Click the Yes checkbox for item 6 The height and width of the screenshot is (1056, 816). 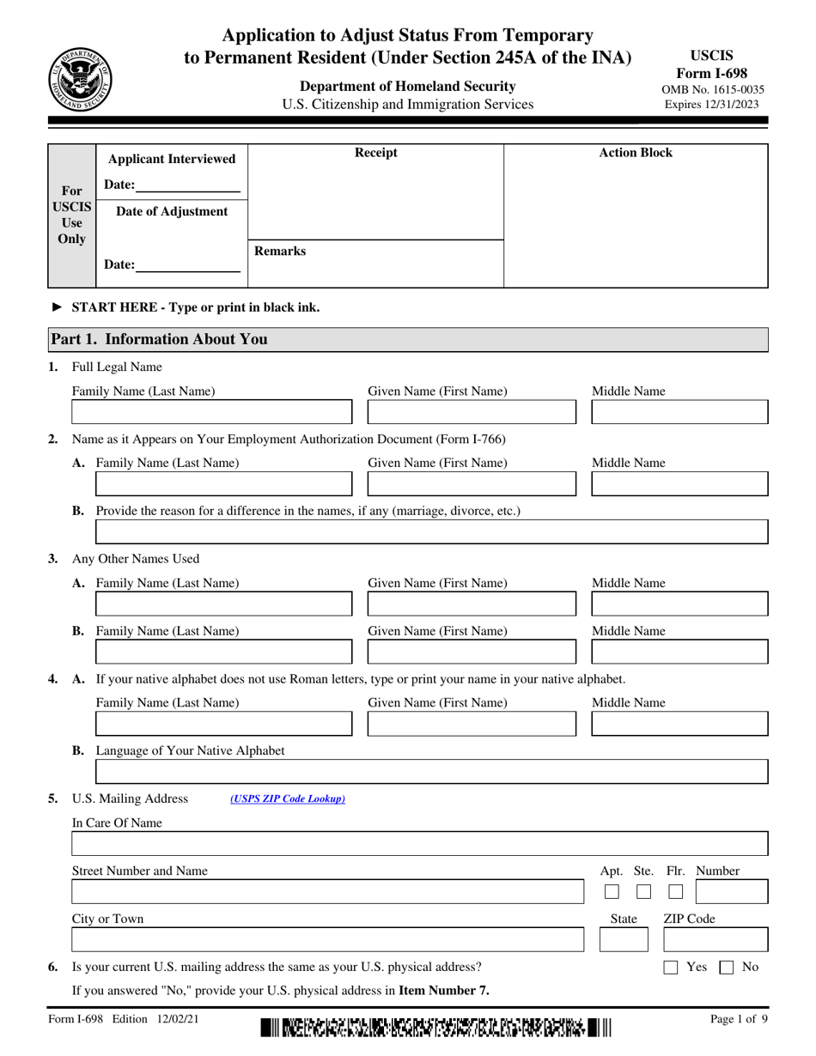(672, 968)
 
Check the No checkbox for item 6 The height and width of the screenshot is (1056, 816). (726, 968)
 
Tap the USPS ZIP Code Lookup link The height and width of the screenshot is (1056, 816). (287, 799)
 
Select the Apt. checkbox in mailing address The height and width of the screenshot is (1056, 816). (612, 892)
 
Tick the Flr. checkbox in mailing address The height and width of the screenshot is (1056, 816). (675, 892)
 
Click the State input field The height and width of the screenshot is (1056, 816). (623, 941)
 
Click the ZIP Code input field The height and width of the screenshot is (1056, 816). (715, 941)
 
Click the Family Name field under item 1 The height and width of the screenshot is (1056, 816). (212, 413)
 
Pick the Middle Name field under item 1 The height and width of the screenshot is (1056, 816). (679, 413)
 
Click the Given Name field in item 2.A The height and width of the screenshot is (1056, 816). (472, 484)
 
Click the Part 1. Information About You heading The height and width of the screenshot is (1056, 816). (160, 339)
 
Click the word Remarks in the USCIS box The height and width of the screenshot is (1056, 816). (280, 252)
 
